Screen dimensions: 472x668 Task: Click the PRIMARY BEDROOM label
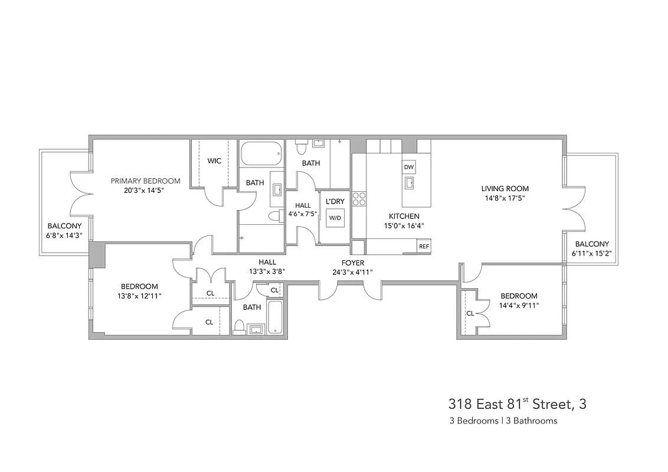(145, 181)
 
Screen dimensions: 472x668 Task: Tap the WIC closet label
(214, 161)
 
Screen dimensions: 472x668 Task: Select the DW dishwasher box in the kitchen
(409, 168)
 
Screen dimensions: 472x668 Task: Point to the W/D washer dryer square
(335, 218)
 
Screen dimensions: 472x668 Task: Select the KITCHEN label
(404, 217)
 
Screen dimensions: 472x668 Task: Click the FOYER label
(352, 263)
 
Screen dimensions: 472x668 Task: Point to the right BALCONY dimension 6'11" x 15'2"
(591, 253)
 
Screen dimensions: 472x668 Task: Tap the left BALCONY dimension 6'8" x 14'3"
(64, 235)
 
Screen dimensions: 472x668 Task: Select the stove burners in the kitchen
(358, 199)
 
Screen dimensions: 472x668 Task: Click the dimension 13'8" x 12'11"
(139, 296)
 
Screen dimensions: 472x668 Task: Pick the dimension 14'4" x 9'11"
(519, 306)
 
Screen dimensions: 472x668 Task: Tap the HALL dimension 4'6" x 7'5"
(302, 214)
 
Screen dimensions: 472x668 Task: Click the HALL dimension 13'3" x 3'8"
(267, 272)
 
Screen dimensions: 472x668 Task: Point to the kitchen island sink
(409, 182)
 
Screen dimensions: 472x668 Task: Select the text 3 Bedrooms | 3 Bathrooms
(503, 421)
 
